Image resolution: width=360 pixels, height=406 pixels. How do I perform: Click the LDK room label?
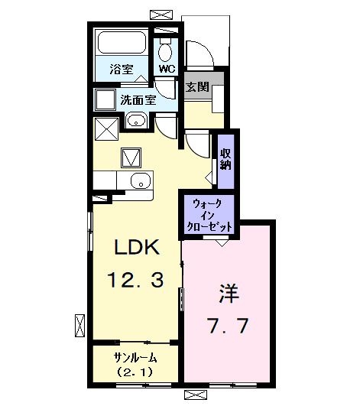tap(137, 248)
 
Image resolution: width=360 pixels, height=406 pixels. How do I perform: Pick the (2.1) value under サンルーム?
tap(135, 372)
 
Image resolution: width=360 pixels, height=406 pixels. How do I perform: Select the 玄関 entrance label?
tap(196, 87)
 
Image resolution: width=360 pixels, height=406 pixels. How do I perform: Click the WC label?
tap(166, 68)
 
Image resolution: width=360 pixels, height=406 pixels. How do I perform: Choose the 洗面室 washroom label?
tap(138, 99)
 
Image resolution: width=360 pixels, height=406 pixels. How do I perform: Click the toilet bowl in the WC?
tap(166, 50)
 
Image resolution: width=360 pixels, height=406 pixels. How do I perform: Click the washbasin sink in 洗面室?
tap(136, 120)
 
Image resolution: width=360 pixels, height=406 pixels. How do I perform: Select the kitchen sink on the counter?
tap(138, 181)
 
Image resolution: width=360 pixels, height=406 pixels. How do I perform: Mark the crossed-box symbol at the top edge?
tap(162, 14)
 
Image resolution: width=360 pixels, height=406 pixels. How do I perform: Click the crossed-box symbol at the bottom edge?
tap(196, 395)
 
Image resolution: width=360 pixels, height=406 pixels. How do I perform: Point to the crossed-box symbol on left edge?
tap(79, 324)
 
